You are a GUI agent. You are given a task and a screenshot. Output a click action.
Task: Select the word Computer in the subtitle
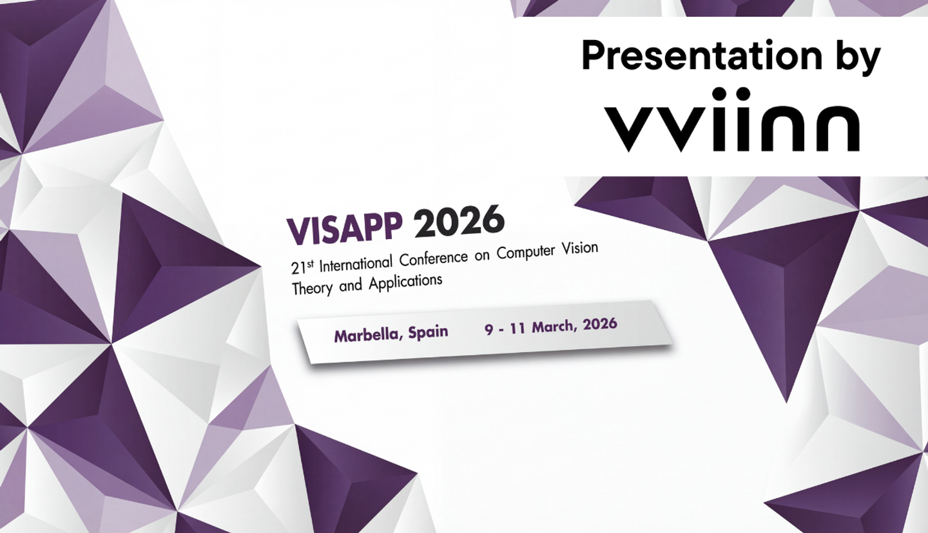524,252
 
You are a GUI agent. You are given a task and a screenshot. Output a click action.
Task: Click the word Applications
405,282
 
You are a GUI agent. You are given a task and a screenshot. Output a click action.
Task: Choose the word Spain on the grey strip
427,332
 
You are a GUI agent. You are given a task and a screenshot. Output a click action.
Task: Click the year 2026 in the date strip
600,324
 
